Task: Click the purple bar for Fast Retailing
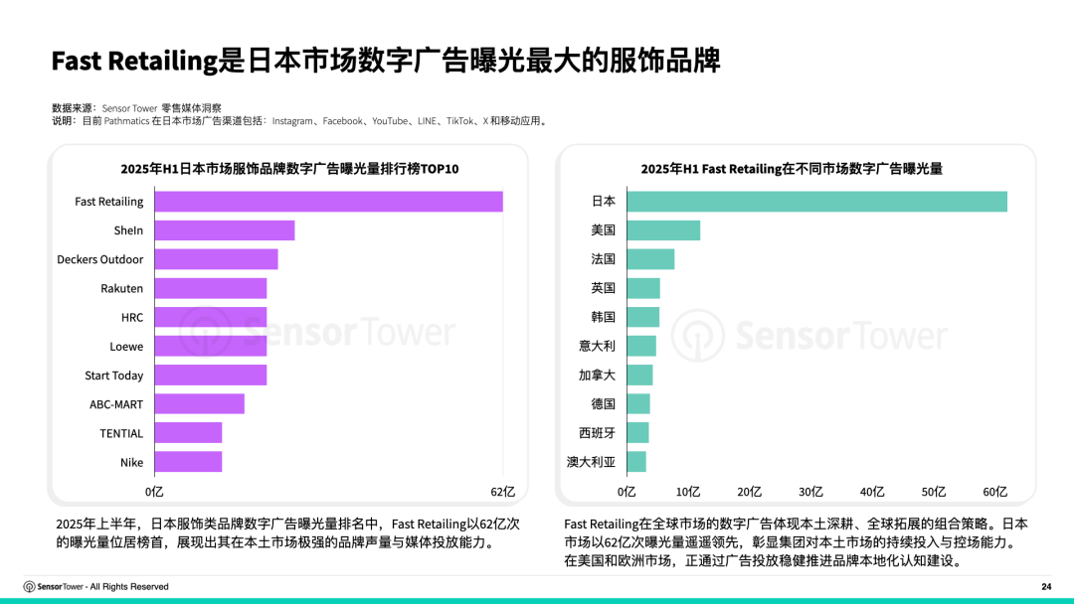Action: (328, 202)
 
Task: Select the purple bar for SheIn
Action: (225, 230)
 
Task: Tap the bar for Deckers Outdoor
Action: (216, 259)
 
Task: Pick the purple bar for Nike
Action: (188, 462)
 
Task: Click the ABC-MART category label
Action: (116, 404)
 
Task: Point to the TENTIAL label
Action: (121, 433)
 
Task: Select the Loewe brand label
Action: (126, 347)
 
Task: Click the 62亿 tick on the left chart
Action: (503, 492)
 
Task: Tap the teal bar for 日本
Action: (816, 201)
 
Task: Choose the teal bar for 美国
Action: (663, 230)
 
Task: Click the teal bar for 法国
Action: (650, 259)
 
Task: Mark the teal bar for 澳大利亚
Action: (636, 462)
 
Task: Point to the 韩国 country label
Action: (604, 317)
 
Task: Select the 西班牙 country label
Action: (598, 433)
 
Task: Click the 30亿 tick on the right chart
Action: (810, 492)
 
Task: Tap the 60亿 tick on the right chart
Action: (995, 492)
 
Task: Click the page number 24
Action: (1046, 586)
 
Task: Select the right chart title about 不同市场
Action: (792, 169)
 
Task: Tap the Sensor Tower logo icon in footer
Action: (30, 586)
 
